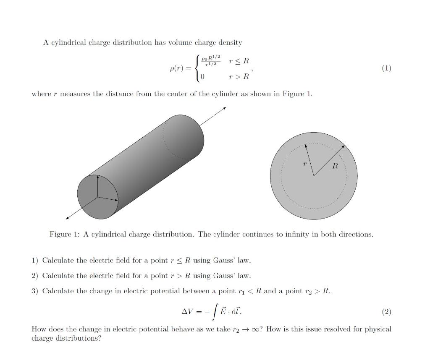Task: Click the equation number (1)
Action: [386, 68]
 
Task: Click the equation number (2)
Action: [386, 312]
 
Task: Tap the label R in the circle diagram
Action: [335, 166]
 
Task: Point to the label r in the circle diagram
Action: [304, 164]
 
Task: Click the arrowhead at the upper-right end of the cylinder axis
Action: [225, 108]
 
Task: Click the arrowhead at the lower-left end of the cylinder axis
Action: [67, 218]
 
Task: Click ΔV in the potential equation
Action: [187, 312]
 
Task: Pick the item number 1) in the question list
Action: [35, 261]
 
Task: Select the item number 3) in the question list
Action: [35, 291]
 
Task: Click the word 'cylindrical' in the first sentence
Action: [69, 43]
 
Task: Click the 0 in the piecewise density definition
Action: [202, 77]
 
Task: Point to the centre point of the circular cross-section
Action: [314, 176]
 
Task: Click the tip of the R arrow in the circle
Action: [344, 146]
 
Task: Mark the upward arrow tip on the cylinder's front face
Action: [97, 177]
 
